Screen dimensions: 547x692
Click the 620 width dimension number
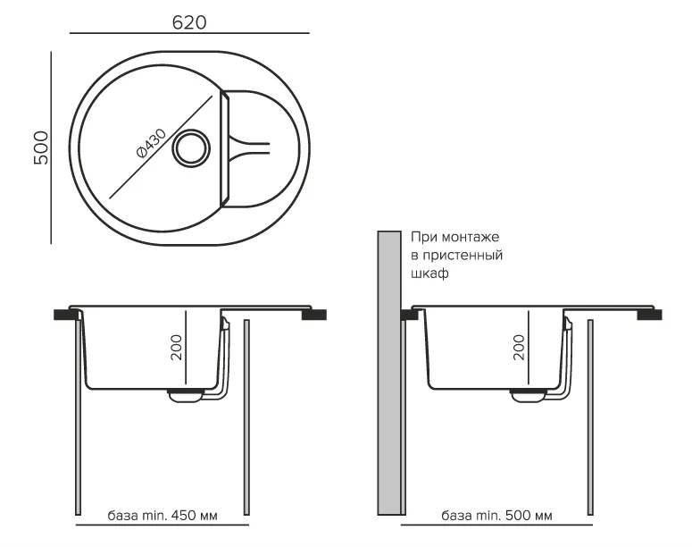point(189,22)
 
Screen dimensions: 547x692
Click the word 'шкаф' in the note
point(429,274)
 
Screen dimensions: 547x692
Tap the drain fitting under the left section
point(186,397)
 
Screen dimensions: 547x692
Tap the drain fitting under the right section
point(528,397)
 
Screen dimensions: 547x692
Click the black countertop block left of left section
point(65,314)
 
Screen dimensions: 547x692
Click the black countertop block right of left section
point(314,314)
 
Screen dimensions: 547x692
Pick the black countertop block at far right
point(648,314)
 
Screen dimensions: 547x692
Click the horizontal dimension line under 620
point(189,35)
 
